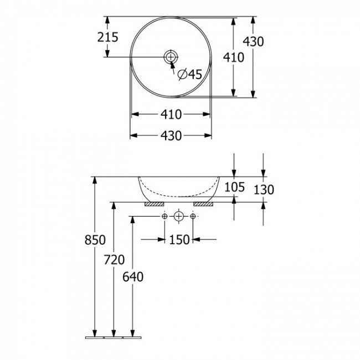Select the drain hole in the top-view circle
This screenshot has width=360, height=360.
171,56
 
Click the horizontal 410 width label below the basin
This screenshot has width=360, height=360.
171,115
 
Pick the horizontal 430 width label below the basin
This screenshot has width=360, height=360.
171,135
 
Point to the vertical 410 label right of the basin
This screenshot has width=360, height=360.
234,57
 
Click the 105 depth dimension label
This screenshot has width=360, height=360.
235,187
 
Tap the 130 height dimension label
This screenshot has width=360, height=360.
264,190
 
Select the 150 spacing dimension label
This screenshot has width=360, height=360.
179,239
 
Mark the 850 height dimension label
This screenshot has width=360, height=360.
95,240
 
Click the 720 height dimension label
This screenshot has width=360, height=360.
114,260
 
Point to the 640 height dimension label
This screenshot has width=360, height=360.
132,276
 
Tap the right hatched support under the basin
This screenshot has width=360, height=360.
203,204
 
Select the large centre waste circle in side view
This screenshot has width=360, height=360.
179,216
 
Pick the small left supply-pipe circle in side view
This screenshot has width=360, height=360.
165,216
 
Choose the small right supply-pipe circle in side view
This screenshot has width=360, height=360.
193,216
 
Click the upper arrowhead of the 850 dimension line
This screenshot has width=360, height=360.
95,181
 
